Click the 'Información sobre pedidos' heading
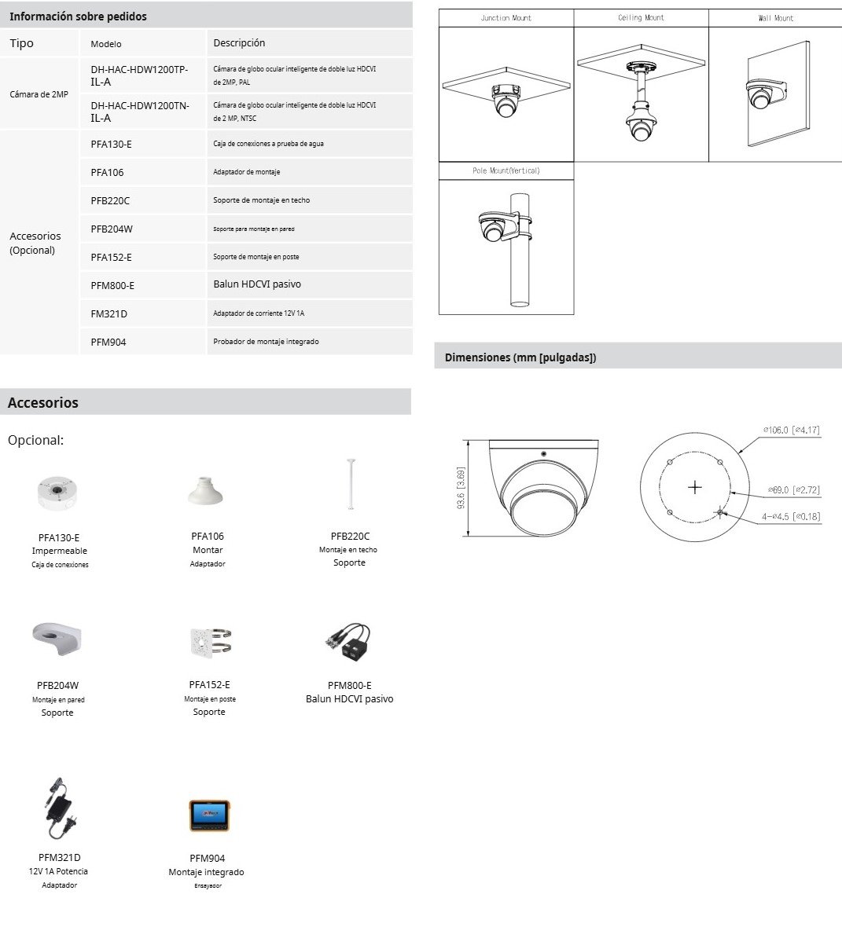(78, 16)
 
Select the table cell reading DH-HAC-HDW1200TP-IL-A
(139, 75)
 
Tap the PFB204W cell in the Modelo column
(112, 229)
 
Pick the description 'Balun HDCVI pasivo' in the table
(257, 284)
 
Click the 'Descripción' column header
(239, 43)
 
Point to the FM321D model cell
(108, 313)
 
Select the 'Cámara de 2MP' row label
(39, 94)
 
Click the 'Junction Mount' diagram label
(506, 18)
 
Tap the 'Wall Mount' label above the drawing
(775, 18)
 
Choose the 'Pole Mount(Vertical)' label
(506, 170)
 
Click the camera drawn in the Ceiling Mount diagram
(642, 126)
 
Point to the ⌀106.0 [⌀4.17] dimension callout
(791, 430)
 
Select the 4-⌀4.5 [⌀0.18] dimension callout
(790, 516)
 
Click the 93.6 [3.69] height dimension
(461, 488)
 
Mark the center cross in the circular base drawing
(694, 487)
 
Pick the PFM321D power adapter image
(59, 809)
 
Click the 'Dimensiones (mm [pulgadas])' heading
(520, 357)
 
